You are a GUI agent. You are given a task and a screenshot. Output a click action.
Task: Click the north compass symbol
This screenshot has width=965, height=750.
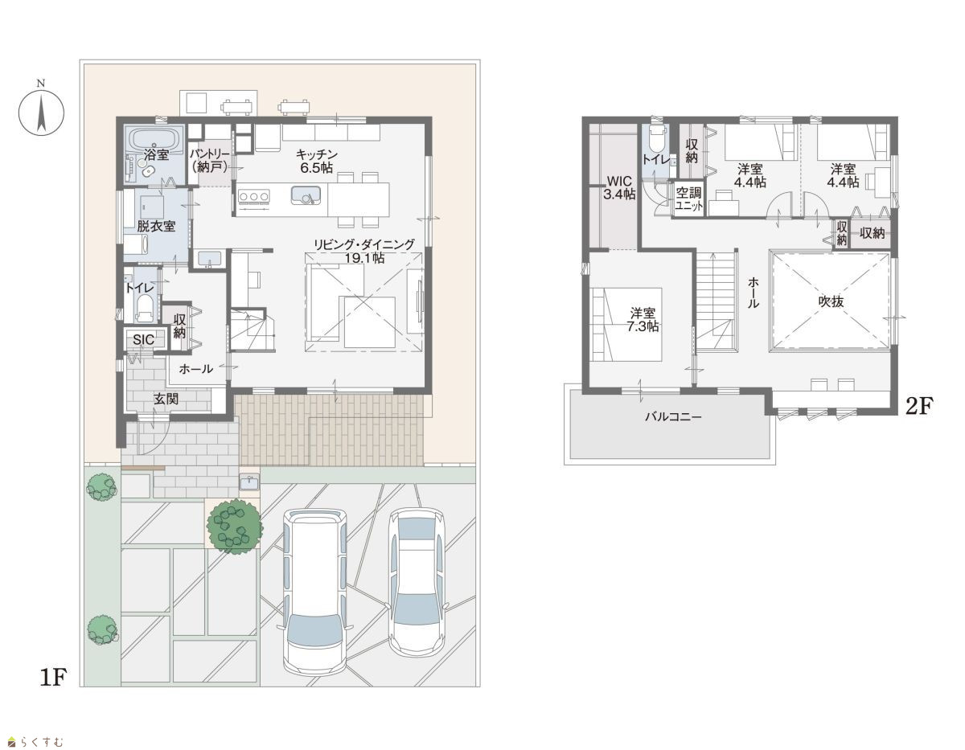[x=41, y=109]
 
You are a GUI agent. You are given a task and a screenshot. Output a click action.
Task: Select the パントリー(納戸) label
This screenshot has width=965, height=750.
[x=210, y=160]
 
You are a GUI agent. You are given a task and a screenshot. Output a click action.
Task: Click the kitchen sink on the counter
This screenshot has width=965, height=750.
[x=306, y=195]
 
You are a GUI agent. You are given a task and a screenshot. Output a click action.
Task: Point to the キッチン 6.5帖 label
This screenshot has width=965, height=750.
[x=317, y=161]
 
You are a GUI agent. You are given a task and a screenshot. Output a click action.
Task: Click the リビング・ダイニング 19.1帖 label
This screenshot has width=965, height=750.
[x=364, y=251]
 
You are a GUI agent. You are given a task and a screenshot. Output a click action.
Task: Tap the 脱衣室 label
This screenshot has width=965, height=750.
[x=156, y=227]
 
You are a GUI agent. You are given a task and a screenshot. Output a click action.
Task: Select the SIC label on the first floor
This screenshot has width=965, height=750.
[x=143, y=339]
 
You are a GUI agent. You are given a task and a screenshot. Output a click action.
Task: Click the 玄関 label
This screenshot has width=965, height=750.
[x=166, y=399]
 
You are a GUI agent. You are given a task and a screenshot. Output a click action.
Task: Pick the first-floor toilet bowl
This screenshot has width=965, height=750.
[x=144, y=309]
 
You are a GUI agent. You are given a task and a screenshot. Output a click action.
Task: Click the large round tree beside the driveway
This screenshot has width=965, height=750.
[x=234, y=527]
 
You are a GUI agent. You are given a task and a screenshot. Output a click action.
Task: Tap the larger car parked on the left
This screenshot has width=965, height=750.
[x=315, y=592]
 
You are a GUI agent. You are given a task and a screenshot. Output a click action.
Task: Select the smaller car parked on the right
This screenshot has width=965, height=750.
[x=417, y=581]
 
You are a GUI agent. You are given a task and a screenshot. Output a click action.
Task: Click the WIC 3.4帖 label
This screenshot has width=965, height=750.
[x=619, y=188]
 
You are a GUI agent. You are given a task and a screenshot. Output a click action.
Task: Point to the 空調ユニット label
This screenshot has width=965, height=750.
[x=689, y=199]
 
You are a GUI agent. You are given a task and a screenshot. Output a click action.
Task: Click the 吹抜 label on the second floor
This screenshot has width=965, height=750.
[x=831, y=301]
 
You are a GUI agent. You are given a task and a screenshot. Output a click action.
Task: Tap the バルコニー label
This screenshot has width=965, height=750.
[x=673, y=417]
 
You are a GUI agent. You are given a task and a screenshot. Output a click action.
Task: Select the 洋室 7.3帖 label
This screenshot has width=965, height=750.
[x=643, y=320]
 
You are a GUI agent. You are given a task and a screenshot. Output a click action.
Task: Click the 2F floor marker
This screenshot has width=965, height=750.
[x=919, y=406]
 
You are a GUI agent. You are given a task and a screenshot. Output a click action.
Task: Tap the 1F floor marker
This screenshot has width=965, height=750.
[x=53, y=678]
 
